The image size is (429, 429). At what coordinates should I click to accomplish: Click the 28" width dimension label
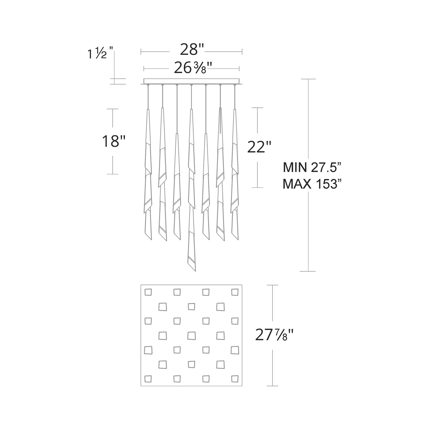point(192,49)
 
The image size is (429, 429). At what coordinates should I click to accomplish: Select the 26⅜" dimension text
point(193,68)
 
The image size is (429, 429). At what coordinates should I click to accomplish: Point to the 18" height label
point(113,141)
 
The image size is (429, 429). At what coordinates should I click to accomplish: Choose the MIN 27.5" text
point(312,168)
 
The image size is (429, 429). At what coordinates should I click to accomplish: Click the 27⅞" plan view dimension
point(275,336)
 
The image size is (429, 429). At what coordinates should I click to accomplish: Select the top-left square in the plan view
point(148,292)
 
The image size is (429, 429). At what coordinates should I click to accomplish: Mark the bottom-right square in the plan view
point(235,379)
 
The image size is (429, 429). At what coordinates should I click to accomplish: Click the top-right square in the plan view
point(235,292)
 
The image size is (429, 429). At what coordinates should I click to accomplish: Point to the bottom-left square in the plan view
point(148,379)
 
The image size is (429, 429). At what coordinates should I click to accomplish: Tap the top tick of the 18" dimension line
point(112,109)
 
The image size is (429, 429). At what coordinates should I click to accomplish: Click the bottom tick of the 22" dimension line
point(257,188)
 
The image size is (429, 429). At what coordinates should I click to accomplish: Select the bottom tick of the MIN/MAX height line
point(308,271)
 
